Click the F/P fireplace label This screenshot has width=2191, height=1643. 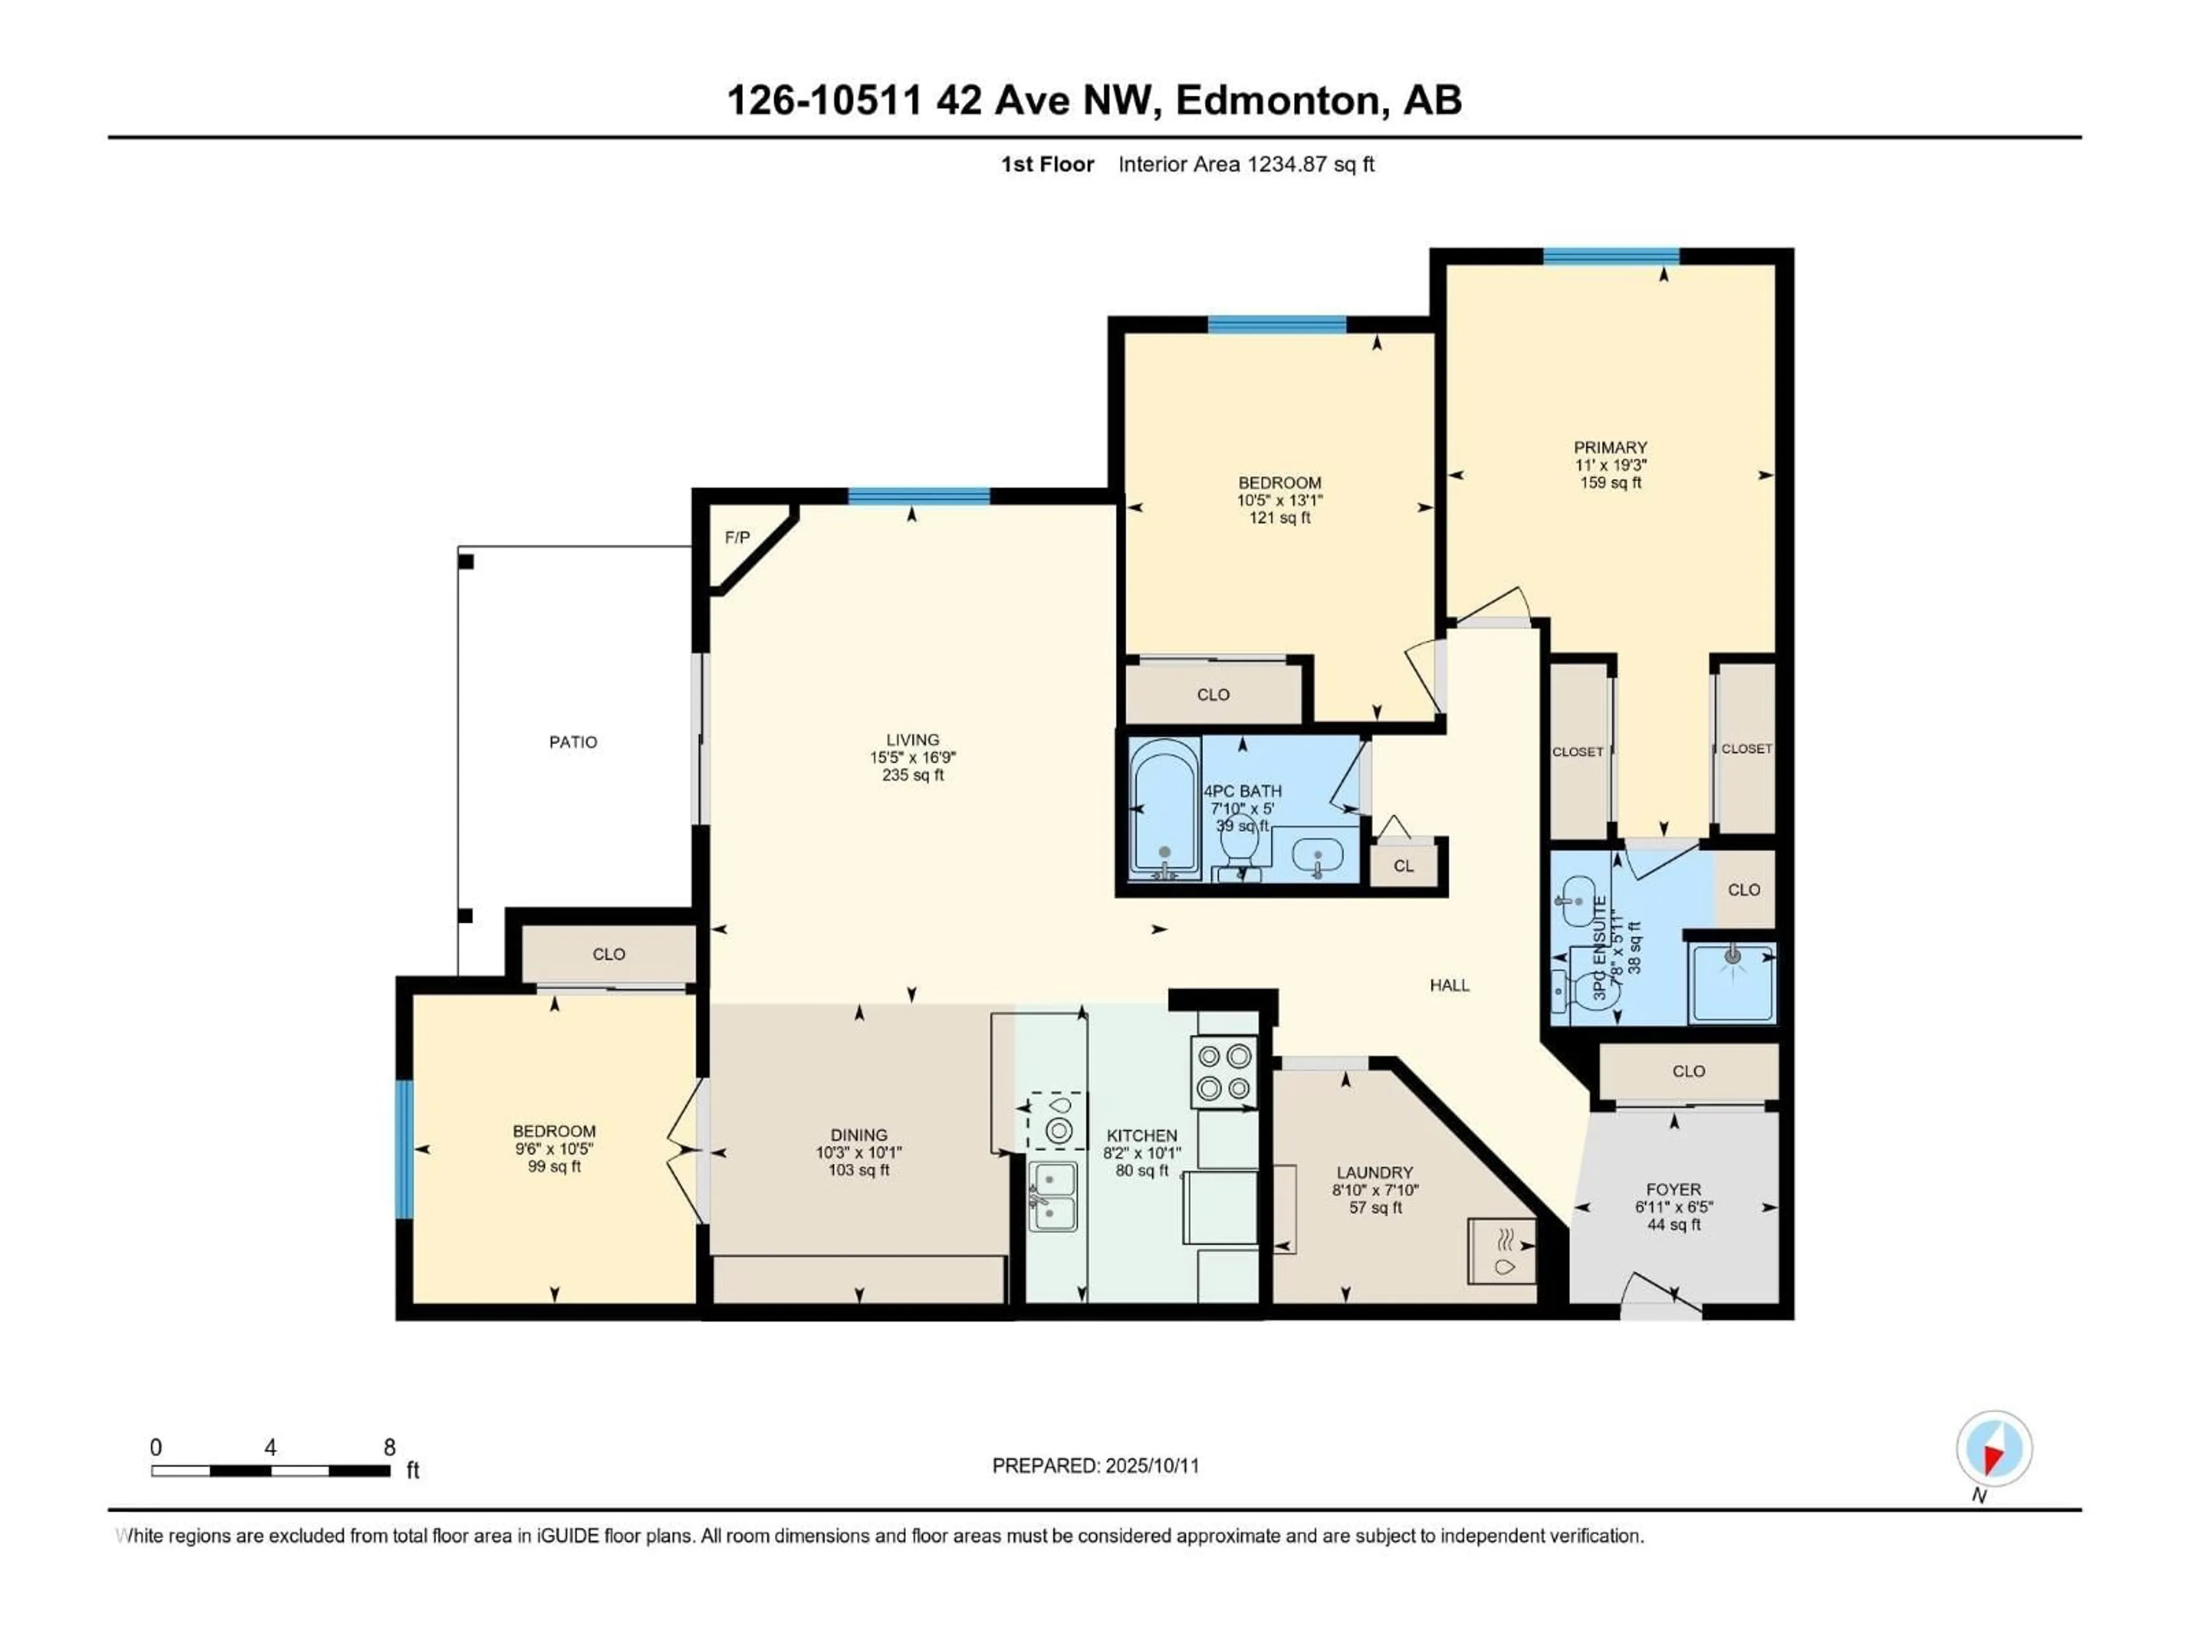click(x=737, y=538)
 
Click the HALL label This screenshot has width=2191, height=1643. click(x=1449, y=985)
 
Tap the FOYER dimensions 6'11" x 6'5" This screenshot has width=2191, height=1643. click(x=1674, y=1207)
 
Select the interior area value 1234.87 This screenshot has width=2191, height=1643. click(x=1286, y=164)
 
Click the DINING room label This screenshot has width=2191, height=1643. click(x=859, y=1135)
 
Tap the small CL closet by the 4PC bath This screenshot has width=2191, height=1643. click(x=1404, y=865)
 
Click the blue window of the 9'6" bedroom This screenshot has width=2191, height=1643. click(x=403, y=1149)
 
